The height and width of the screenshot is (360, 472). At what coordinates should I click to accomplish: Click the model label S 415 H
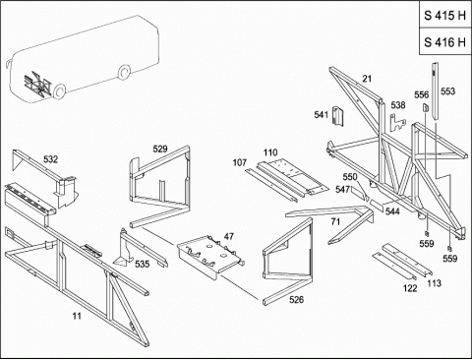point(444,16)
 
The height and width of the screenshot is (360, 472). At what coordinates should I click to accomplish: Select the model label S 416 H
point(444,42)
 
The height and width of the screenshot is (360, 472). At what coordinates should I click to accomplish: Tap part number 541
point(322,115)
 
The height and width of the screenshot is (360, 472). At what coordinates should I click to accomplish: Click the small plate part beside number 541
point(338,116)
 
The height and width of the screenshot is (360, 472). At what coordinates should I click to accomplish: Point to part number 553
point(447,91)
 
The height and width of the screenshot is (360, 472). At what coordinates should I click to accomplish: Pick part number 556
point(422,94)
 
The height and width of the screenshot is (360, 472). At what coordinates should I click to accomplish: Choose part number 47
point(229,236)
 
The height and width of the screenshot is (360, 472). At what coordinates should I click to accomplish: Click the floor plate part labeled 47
point(210,257)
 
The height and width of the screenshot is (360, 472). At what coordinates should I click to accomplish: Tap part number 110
point(270,152)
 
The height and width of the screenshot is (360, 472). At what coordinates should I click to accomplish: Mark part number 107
point(240,162)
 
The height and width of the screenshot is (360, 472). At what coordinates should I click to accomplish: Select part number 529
point(160,150)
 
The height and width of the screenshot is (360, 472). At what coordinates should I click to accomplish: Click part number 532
point(50,159)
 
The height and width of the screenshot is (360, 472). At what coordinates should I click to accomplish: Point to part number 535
point(142,264)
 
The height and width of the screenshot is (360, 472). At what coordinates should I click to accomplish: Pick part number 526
point(296,299)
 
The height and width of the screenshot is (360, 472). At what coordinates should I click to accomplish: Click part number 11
point(77,316)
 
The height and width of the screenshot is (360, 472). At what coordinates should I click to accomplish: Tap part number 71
point(335,222)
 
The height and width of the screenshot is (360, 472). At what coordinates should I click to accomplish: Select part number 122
point(410,288)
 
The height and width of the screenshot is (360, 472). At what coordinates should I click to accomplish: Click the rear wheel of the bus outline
point(124,72)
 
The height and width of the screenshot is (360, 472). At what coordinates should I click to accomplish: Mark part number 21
point(367,79)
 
